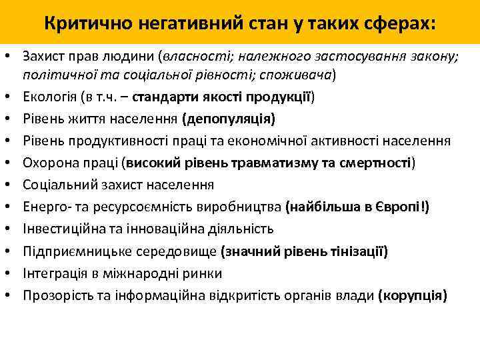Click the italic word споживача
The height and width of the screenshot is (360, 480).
tap(304, 75)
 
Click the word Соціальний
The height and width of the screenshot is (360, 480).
tap(57, 185)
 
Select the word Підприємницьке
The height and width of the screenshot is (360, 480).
tap(70, 251)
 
